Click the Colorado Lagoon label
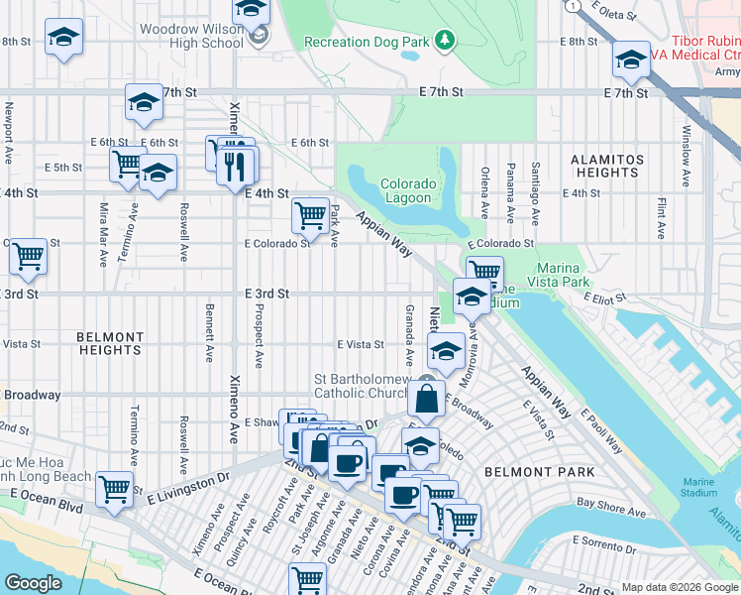(x=408, y=190)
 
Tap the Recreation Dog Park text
(x=367, y=42)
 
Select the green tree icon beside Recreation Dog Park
(x=447, y=40)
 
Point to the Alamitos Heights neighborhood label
(x=607, y=166)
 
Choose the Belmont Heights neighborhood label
(x=109, y=343)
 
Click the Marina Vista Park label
(x=577, y=275)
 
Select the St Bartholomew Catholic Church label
(x=362, y=386)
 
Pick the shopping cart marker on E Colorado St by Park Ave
(x=311, y=215)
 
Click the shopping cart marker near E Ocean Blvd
(x=115, y=488)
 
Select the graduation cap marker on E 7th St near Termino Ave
(x=144, y=102)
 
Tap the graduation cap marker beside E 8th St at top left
(x=64, y=38)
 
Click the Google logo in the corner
(x=34, y=583)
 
